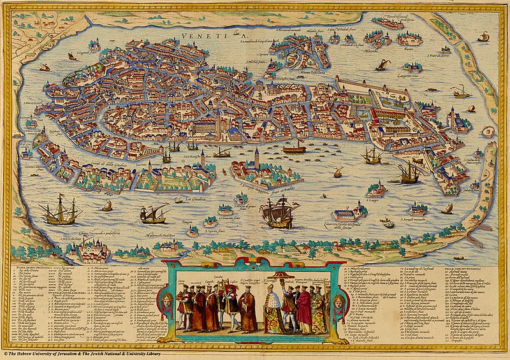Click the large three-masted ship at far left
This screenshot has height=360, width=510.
click(60, 211)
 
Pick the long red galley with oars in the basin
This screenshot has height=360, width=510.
click(294, 149)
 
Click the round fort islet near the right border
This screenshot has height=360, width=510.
click(488, 132)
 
